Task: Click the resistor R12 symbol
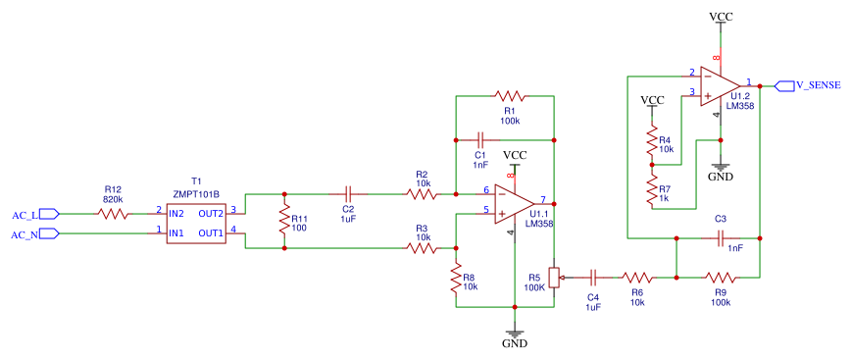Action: [113, 213]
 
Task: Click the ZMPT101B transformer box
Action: [196, 223]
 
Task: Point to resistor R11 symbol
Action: [284, 221]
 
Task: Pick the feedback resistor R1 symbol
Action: [510, 96]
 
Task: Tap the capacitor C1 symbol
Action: [480, 138]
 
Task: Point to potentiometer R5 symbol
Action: [555, 278]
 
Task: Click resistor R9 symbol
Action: [721, 278]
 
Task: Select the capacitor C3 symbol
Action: [721, 236]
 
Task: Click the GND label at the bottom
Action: [514, 344]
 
